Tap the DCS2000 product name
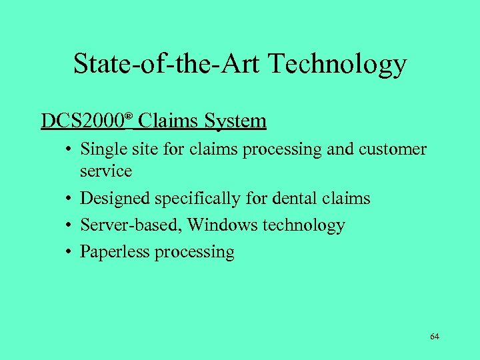click(x=82, y=121)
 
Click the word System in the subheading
click(x=236, y=121)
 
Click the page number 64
click(x=435, y=337)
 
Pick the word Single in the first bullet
click(x=99, y=149)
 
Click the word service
click(x=106, y=171)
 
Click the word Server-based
click(x=131, y=225)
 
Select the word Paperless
click(x=114, y=252)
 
